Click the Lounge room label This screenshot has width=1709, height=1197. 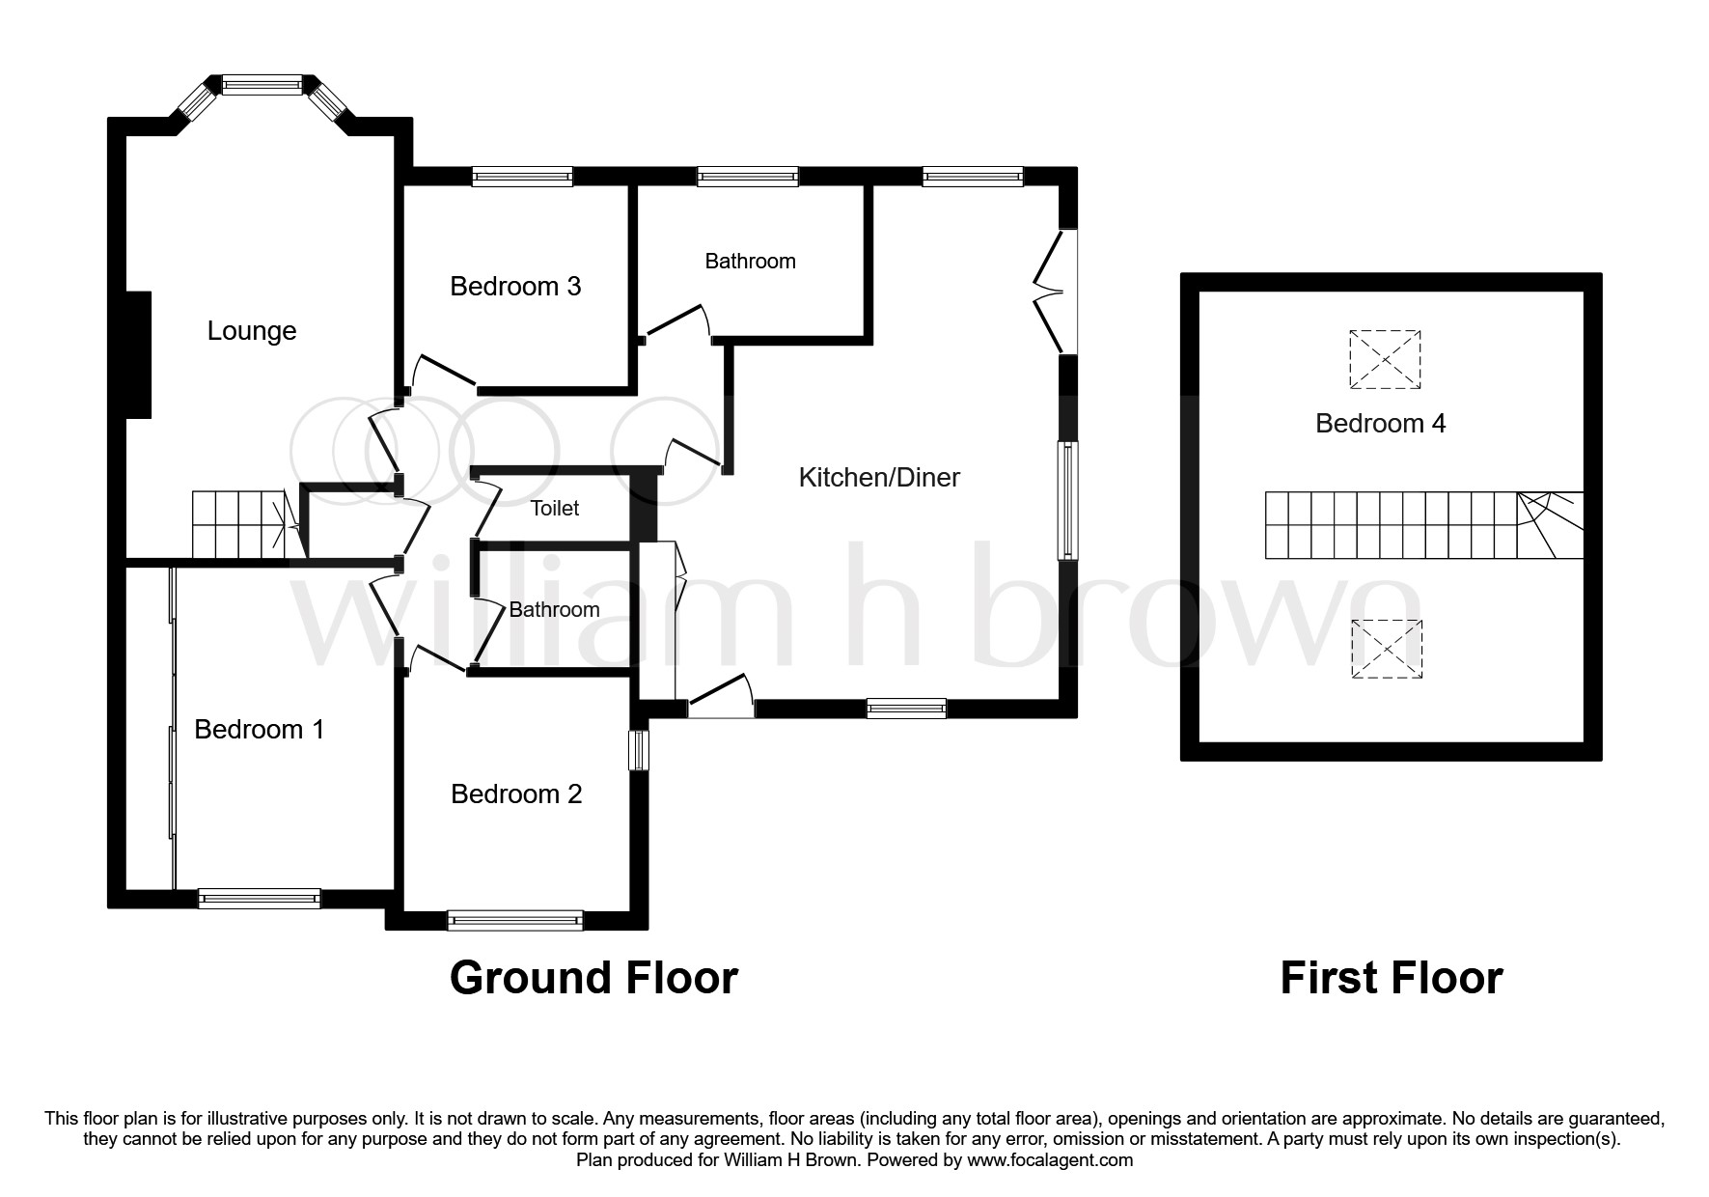252,331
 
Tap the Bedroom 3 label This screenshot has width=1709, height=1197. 515,287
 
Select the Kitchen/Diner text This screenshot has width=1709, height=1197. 879,477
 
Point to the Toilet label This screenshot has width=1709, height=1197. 555,509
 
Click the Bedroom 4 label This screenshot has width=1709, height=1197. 1380,423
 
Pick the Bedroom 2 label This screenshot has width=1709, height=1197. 516,793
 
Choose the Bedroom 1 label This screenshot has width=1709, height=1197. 259,729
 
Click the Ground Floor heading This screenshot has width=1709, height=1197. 593,978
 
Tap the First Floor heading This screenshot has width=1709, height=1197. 1391,978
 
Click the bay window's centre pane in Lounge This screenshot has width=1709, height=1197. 262,85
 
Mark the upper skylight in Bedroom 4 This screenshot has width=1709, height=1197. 1385,359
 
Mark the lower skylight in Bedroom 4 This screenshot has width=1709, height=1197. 1386,649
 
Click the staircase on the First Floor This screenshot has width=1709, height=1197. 1423,525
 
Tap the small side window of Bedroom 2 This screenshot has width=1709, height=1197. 639,750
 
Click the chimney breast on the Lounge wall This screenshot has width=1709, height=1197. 139,355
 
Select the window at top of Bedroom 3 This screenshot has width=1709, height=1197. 522,177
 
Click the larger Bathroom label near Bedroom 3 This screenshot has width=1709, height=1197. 750,261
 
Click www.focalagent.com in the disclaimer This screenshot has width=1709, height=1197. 1049,1160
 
